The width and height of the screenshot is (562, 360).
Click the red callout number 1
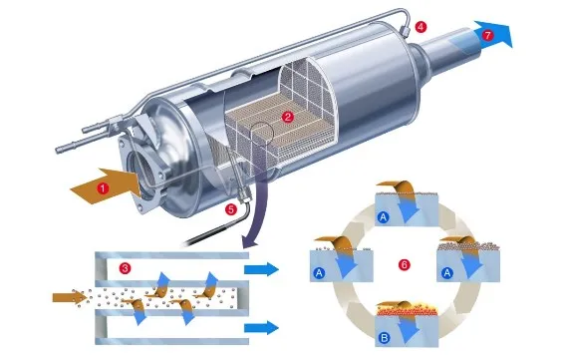103,188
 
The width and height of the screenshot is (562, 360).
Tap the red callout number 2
287,117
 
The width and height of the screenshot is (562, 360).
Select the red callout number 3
125,268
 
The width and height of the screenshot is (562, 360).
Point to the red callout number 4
421,27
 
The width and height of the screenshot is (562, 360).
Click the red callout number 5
231,209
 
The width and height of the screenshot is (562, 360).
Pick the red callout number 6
404,265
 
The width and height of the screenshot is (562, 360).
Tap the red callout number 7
487,35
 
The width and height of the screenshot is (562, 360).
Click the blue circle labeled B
384,338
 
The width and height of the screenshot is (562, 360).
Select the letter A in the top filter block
384,217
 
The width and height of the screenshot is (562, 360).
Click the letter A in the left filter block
319,273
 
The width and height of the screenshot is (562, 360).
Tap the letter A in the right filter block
446,273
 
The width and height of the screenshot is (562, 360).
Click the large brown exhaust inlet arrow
106,186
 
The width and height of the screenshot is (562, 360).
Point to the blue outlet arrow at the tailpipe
493,34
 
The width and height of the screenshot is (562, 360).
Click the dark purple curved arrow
259,211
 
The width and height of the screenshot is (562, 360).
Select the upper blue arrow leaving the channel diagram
261,269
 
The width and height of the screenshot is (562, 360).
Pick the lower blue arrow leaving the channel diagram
261,328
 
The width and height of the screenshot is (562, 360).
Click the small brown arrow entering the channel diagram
70,297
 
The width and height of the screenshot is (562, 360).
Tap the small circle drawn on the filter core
262,133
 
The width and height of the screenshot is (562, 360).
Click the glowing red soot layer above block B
407,311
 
